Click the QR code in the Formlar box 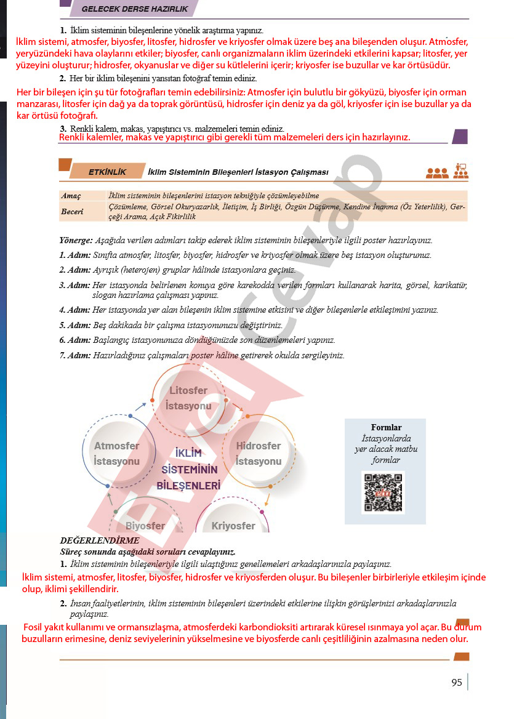click(x=383, y=492)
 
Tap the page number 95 click(x=456, y=682)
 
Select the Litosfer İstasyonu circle click(x=188, y=398)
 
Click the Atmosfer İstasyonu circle click(x=116, y=453)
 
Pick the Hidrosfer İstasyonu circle click(x=259, y=453)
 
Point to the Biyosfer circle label click(x=145, y=526)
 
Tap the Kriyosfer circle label click(x=233, y=526)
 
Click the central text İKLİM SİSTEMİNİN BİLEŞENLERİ click(x=188, y=469)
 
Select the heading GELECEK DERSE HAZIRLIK click(x=135, y=9)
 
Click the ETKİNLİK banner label click(x=107, y=172)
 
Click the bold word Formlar click(x=386, y=427)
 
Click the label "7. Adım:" click(x=74, y=355)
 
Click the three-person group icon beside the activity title click(x=437, y=173)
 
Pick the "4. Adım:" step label click(x=74, y=310)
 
